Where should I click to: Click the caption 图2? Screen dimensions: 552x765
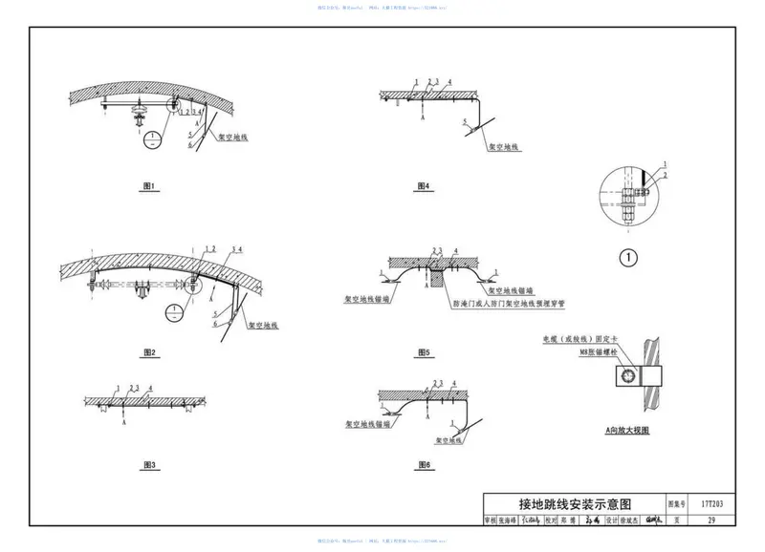click(x=148, y=352)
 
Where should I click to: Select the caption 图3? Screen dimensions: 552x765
click(x=148, y=464)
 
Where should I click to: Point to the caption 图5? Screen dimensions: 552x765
click(x=424, y=352)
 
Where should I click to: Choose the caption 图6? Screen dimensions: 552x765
click(x=424, y=464)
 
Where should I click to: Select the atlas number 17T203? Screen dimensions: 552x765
click(x=710, y=502)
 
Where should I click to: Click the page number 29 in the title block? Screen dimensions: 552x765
click(x=710, y=520)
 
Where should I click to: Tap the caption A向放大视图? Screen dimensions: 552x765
click(x=627, y=432)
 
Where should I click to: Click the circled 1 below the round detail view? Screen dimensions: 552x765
click(x=627, y=256)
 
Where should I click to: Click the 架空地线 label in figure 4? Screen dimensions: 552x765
click(x=503, y=148)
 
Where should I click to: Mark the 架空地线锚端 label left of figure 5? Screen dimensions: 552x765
click(x=360, y=298)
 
